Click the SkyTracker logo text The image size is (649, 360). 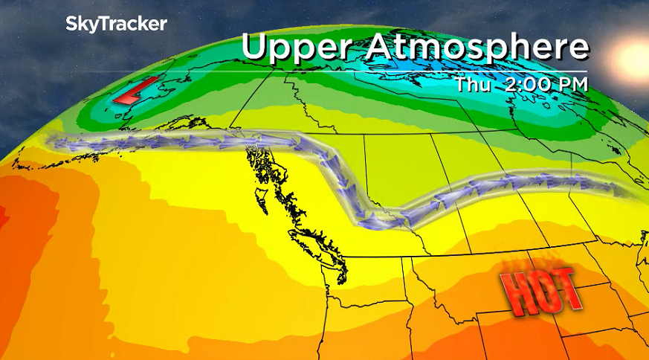[x=116, y=23]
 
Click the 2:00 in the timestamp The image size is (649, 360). [x=529, y=84]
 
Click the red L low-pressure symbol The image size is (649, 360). [x=136, y=91]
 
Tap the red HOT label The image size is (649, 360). [x=540, y=289]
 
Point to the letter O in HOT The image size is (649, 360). [x=540, y=289]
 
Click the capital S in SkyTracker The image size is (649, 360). [x=72, y=23]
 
